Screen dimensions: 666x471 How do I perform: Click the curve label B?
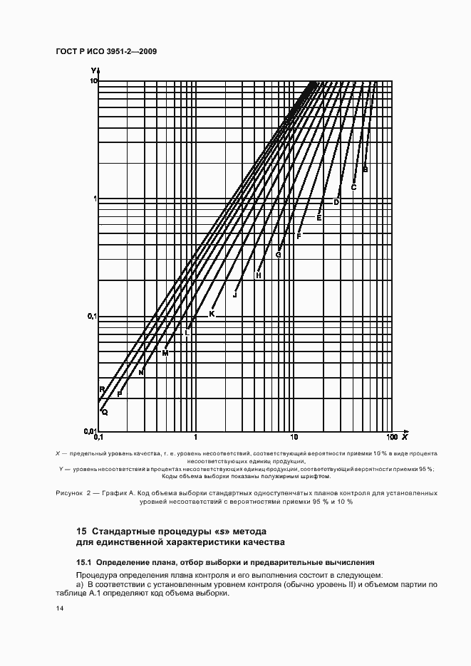pyautogui.click(x=366, y=169)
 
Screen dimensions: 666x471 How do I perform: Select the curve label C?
pyautogui.click(x=353, y=188)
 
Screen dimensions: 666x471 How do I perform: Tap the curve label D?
pyautogui.click(x=337, y=203)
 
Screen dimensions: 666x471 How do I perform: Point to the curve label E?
pyautogui.click(x=319, y=218)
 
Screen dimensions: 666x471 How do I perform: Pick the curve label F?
pyautogui.click(x=299, y=236)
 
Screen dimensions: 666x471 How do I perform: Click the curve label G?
pyautogui.click(x=279, y=255)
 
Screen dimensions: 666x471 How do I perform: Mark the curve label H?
pyautogui.click(x=259, y=275)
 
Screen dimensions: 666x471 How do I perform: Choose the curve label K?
pyautogui.click(x=212, y=314)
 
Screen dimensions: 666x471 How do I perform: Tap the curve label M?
pyautogui.click(x=165, y=353)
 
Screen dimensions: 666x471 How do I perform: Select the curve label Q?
pyautogui.click(x=105, y=412)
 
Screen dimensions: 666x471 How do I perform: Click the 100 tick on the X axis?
pyautogui.click(x=391, y=437)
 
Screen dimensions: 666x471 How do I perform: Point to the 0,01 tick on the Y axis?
pyautogui.click(x=90, y=430)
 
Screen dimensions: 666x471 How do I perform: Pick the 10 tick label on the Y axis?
pyautogui.click(x=93, y=81)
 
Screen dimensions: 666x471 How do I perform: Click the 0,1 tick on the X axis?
pyautogui.click(x=98, y=437)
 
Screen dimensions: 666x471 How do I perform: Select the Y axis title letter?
pyautogui.click(x=93, y=69)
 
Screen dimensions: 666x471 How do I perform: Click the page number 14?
pyautogui.click(x=59, y=609)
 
